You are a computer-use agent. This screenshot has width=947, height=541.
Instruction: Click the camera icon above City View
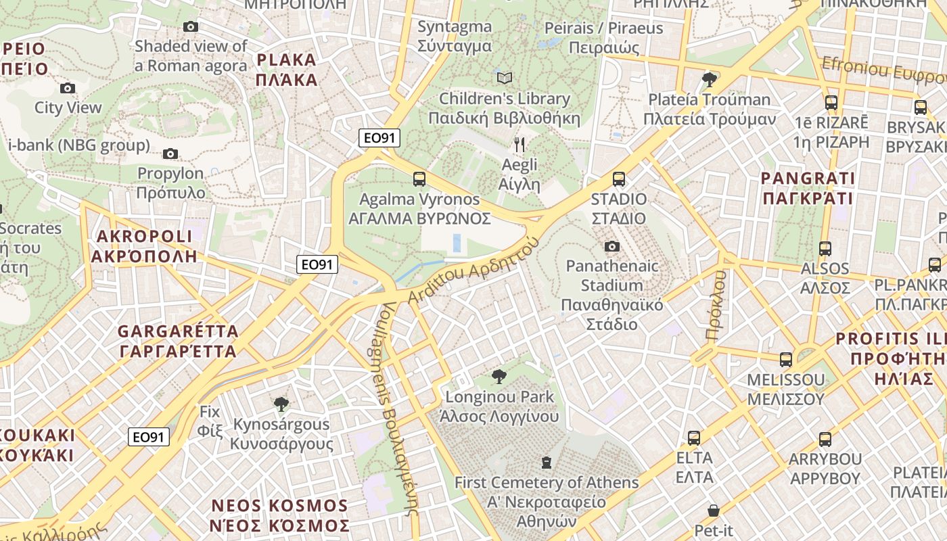pos(68,88)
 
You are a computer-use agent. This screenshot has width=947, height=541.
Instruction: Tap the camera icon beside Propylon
pos(170,154)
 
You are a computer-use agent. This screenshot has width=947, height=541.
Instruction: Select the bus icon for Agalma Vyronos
pos(419,179)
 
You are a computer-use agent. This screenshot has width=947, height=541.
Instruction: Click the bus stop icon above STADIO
pos(619,179)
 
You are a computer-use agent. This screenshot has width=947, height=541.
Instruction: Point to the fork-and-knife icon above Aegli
pos(519,144)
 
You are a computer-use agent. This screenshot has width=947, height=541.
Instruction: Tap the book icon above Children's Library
pos(505,78)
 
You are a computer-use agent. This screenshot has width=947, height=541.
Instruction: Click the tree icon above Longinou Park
pos(499,377)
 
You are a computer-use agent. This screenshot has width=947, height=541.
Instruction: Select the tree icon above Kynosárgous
pos(281,404)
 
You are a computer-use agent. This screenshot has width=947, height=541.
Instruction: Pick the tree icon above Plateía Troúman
pos(710,80)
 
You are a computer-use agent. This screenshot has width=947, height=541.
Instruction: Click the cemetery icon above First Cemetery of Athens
pos(547,463)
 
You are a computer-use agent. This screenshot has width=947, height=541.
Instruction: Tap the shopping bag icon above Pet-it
pos(714,511)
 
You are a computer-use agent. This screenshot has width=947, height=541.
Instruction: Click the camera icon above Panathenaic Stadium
pos(612,246)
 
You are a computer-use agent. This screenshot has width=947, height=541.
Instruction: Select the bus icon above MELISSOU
pos(786,360)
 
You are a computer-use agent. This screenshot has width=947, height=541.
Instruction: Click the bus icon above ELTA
pos(694,438)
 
